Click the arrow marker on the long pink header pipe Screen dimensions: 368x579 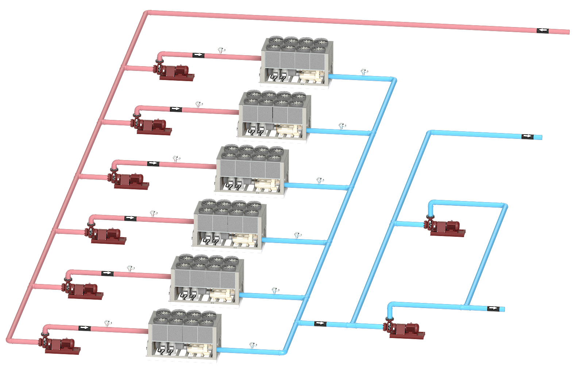click(542, 30)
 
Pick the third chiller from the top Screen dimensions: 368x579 click(252, 171)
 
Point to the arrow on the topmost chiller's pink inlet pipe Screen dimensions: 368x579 click(198, 55)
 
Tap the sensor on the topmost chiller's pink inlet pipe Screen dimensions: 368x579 click(221, 50)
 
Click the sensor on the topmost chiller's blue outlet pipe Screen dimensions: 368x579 click(364, 72)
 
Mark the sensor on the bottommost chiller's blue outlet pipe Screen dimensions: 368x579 click(252, 345)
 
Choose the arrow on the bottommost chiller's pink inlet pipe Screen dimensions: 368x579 click(84, 328)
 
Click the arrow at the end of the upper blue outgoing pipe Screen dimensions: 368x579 click(527, 136)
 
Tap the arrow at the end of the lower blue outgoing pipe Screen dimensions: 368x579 click(493, 308)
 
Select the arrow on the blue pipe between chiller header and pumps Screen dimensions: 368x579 click(320, 323)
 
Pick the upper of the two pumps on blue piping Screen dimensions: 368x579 click(445, 227)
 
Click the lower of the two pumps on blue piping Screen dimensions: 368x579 click(405, 329)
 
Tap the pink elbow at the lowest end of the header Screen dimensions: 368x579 click(9, 340)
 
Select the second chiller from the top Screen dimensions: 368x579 click(274, 116)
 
